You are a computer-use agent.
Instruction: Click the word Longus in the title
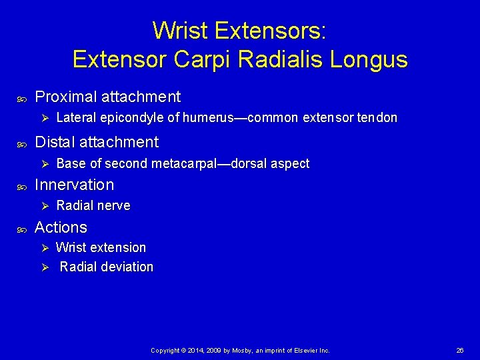coord(373,60)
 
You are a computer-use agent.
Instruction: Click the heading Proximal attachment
coord(107,97)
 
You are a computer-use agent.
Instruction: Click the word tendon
coord(377,118)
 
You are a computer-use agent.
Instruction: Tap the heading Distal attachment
coord(97,142)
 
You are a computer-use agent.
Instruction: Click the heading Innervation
coord(74,185)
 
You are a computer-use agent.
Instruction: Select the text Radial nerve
coord(93,206)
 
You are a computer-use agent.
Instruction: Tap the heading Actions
coord(61,227)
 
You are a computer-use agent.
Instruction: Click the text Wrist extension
coord(101,247)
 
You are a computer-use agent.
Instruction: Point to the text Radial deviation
coord(106,267)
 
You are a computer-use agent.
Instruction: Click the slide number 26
coord(459,350)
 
